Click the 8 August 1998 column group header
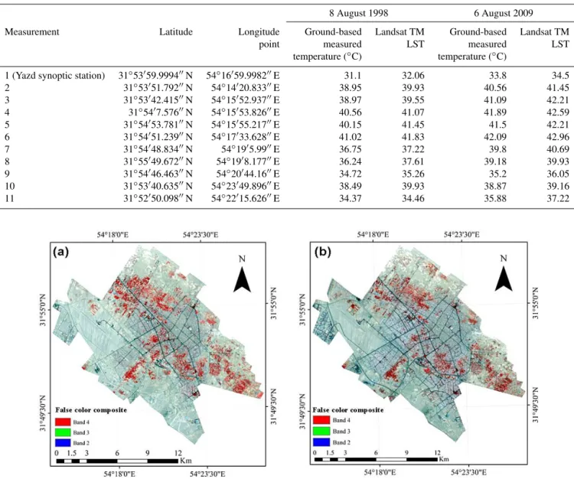(358, 13)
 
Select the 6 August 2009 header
(504, 13)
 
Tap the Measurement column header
(32, 32)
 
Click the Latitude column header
(176, 32)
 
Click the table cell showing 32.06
(413, 76)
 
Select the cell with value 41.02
(350, 137)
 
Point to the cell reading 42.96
(558, 137)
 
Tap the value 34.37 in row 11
(350, 198)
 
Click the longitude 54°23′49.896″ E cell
(245, 186)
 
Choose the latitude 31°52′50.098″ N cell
(158, 198)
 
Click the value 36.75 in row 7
(350, 149)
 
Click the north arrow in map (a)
(242, 279)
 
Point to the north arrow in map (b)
(504, 279)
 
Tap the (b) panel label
(322, 252)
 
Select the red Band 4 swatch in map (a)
(63, 422)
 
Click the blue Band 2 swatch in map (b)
(321, 442)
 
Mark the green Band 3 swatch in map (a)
(63, 432)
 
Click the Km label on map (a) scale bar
(186, 461)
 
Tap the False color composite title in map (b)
(348, 410)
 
